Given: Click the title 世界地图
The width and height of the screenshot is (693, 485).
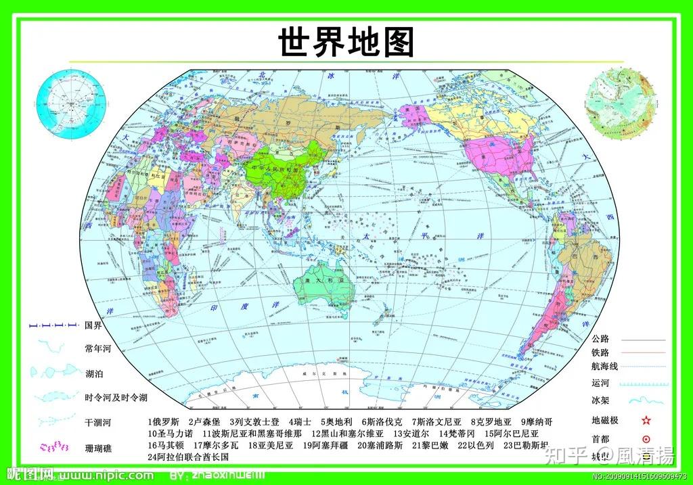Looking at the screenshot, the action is click(x=346, y=42).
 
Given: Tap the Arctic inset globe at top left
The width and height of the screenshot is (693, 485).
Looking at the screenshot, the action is click(x=72, y=103).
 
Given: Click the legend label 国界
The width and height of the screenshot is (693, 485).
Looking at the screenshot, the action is click(x=93, y=326).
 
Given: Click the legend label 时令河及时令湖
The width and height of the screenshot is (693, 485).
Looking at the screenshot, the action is click(x=116, y=398).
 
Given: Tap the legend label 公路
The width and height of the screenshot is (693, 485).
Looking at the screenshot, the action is click(x=600, y=339).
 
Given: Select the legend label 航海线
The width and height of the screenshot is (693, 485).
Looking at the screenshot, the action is click(x=604, y=366).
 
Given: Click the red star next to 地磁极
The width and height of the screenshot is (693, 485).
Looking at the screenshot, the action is click(x=646, y=421).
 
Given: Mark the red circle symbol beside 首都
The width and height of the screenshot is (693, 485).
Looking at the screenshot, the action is click(x=646, y=439).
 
